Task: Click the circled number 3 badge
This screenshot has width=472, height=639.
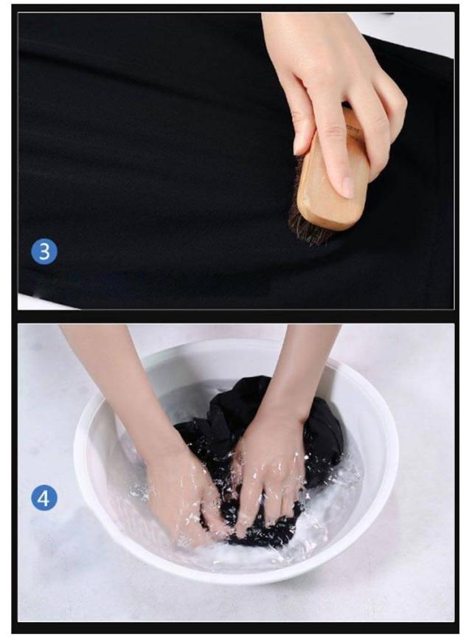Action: pos(44,251)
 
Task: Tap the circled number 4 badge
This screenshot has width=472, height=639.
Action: pos(44,497)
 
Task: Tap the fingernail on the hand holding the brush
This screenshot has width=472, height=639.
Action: pos(347,187)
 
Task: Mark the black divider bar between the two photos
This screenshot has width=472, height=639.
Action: pos(236,317)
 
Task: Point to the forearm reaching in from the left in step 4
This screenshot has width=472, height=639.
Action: pos(118,391)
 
